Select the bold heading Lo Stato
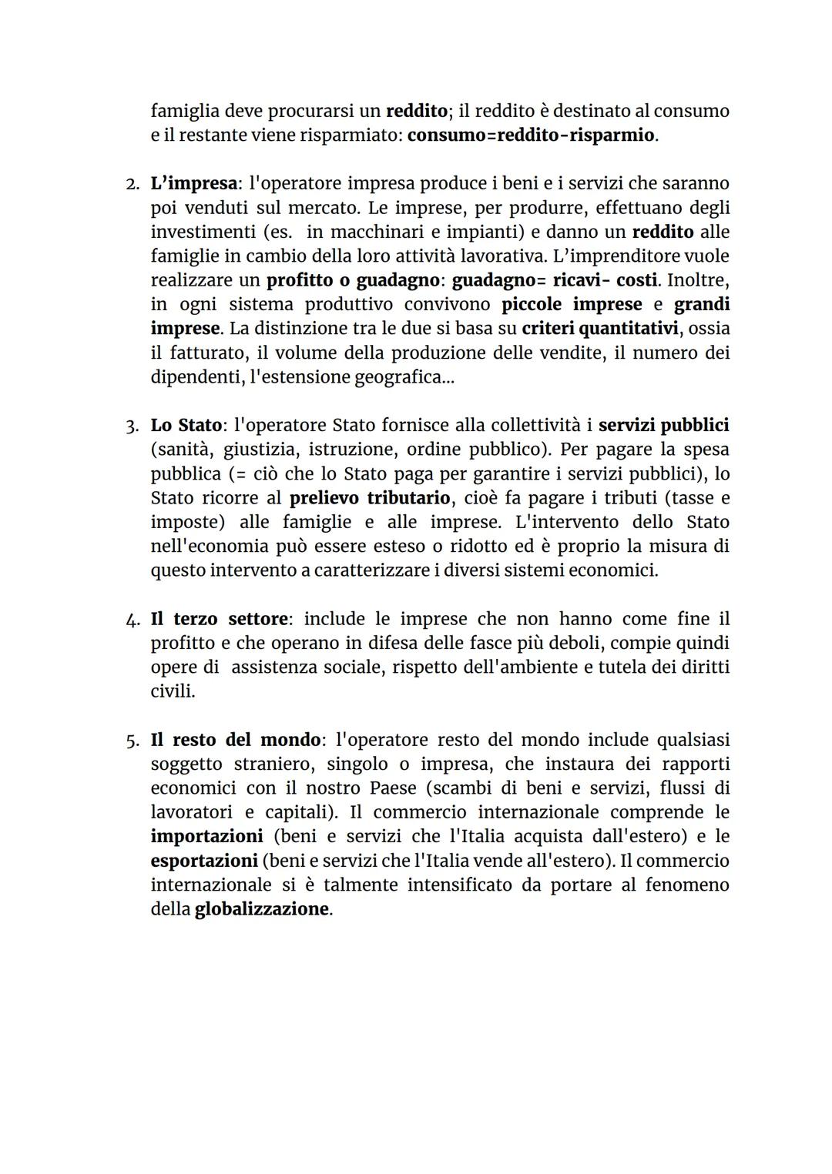pyautogui.click(x=186, y=425)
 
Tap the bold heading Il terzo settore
pyautogui.click(x=219, y=619)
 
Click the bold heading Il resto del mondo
pyautogui.click(x=235, y=740)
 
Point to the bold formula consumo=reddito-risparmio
pyautogui.click(x=531, y=135)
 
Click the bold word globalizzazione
pyautogui.click(x=261, y=909)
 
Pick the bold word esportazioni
pyautogui.click(x=203, y=861)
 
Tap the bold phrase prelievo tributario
pyautogui.click(x=369, y=497)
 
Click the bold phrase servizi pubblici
pyautogui.click(x=663, y=425)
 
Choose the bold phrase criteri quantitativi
pyautogui.click(x=600, y=329)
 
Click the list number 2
pyautogui.click(x=132, y=185)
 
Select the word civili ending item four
pyautogui.click(x=172, y=691)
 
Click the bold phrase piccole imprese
pyautogui.click(x=572, y=304)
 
